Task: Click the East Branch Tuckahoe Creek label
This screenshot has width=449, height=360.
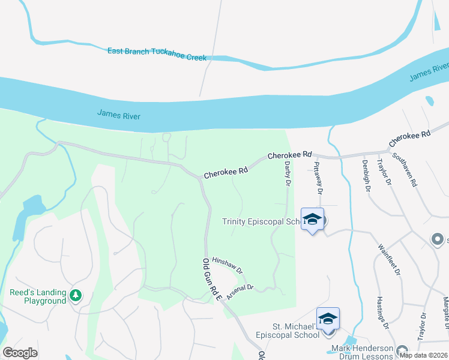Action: click(x=157, y=54)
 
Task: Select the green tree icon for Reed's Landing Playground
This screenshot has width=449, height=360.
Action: click(x=76, y=295)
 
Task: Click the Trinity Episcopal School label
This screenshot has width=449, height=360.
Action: click(x=261, y=221)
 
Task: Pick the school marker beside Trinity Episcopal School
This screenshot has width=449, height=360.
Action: click(x=312, y=220)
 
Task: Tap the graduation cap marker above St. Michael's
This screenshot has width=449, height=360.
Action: click(x=328, y=319)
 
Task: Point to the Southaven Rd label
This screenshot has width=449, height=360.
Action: click(x=405, y=169)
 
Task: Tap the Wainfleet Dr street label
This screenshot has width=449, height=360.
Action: click(x=389, y=259)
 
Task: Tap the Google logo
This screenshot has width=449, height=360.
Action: click(x=20, y=352)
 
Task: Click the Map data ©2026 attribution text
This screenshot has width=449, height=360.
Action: click(x=425, y=355)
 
